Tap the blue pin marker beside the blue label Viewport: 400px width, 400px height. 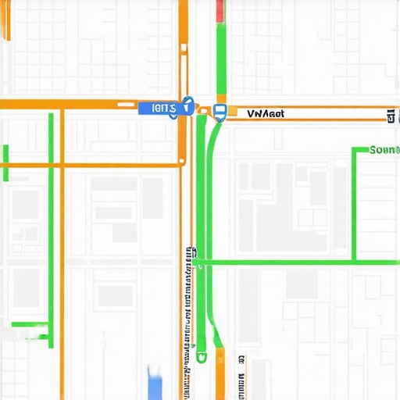[x=187, y=105]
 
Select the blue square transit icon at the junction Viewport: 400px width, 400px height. [x=220, y=112]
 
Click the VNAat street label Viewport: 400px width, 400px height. [x=266, y=113]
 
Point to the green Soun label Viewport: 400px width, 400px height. [x=384, y=149]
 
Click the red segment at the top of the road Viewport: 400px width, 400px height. [x=220, y=10]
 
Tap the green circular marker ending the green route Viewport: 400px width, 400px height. [x=202, y=357]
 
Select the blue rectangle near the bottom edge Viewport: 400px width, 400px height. [x=155, y=383]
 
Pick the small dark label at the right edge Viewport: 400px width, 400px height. [x=390, y=116]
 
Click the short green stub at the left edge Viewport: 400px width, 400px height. [x=5, y=162]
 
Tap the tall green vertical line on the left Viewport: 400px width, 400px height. [x=51, y=227]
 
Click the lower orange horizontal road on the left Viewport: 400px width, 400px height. [x=94, y=164]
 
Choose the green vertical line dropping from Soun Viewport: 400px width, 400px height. [x=354, y=203]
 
